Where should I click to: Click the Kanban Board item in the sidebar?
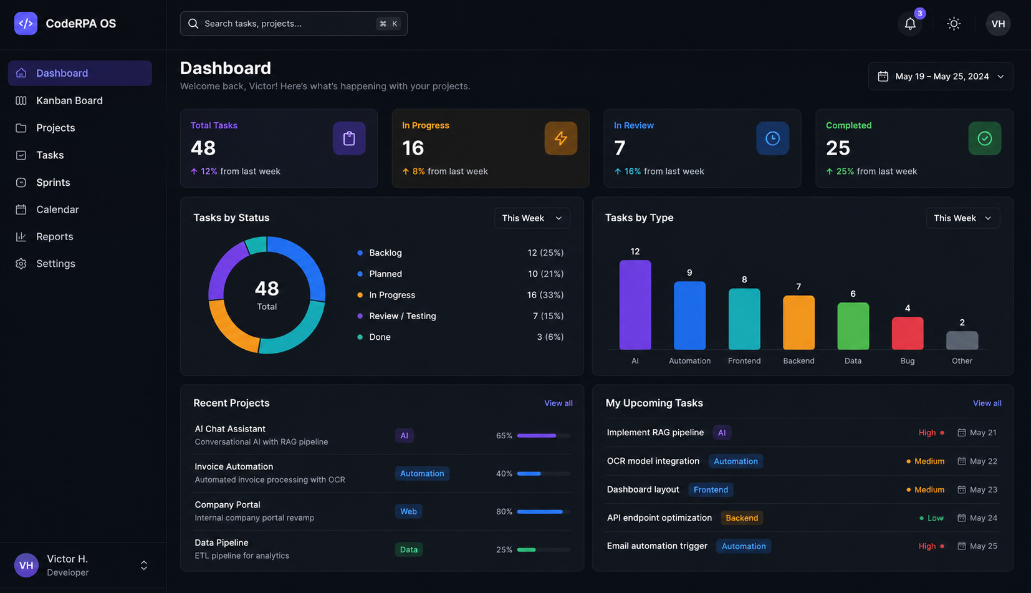pyautogui.click(x=69, y=100)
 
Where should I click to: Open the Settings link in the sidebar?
pyautogui.click(x=55, y=263)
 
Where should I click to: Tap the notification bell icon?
pyautogui.click(x=910, y=24)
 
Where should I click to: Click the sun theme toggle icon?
pyautogui.click(x=954, y=24)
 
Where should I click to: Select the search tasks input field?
pyautogui.click(x=294, y=24)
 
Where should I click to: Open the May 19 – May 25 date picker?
pyautogui.click(x=941, y=77)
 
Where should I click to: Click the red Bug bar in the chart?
pyautogui.click(x=907, y=334)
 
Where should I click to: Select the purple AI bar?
pyautogui.click(x=635, y=305)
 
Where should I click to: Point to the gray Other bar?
pyautogui.click(x=962, y=340)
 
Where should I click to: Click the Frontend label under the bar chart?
pyautogui.click(x=744, y=361)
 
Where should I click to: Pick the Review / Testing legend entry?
pyautogui.click(x=402, y=316)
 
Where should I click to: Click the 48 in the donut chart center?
pyautogui.click(x=267, y=289)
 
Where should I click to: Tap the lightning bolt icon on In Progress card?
pyautogui.click(x=560, y=138)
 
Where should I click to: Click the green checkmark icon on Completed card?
pyautogui.click(x=984, y=138)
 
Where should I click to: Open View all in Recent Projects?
pyautogui.click(x=559, y=403)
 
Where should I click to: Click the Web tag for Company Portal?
pyautogui.click(x=408, y=511)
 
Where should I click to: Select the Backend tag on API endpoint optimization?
pyautogui.click(x=742, y=518)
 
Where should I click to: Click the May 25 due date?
pyautogui.click(x=983, y=546)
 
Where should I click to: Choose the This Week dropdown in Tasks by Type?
pyautogui.click(x=963, y=218)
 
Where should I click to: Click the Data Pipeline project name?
pyautogui.click(x=221, y=543)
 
